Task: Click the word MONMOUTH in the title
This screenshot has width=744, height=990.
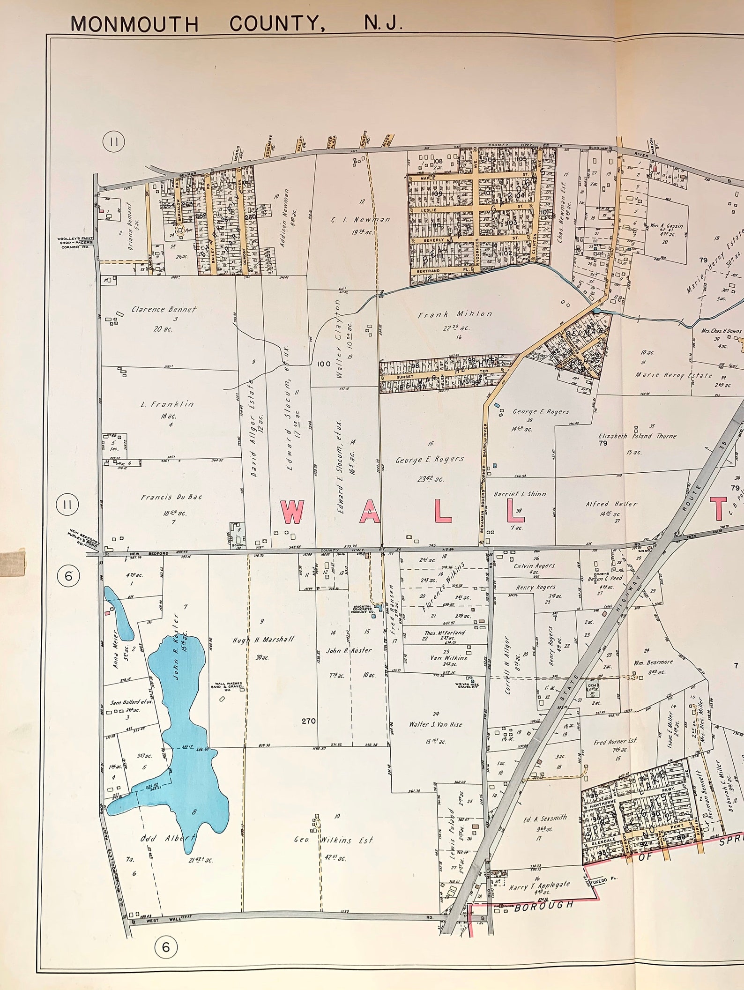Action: tap(134, 23)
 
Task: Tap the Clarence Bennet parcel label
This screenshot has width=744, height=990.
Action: tap(164, 309)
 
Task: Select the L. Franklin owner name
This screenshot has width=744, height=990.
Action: tap(167, 404)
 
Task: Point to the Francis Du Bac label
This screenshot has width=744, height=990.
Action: tap(171, 497)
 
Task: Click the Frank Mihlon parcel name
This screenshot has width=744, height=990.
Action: tap(455, 314)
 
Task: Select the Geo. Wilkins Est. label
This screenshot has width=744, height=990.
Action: tap(334, 840)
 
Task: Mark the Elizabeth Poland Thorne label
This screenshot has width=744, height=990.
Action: tap(637, 436)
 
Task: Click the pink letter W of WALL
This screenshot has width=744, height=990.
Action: tap(292, 512)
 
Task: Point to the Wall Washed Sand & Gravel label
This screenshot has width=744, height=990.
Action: tap(229, 686)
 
